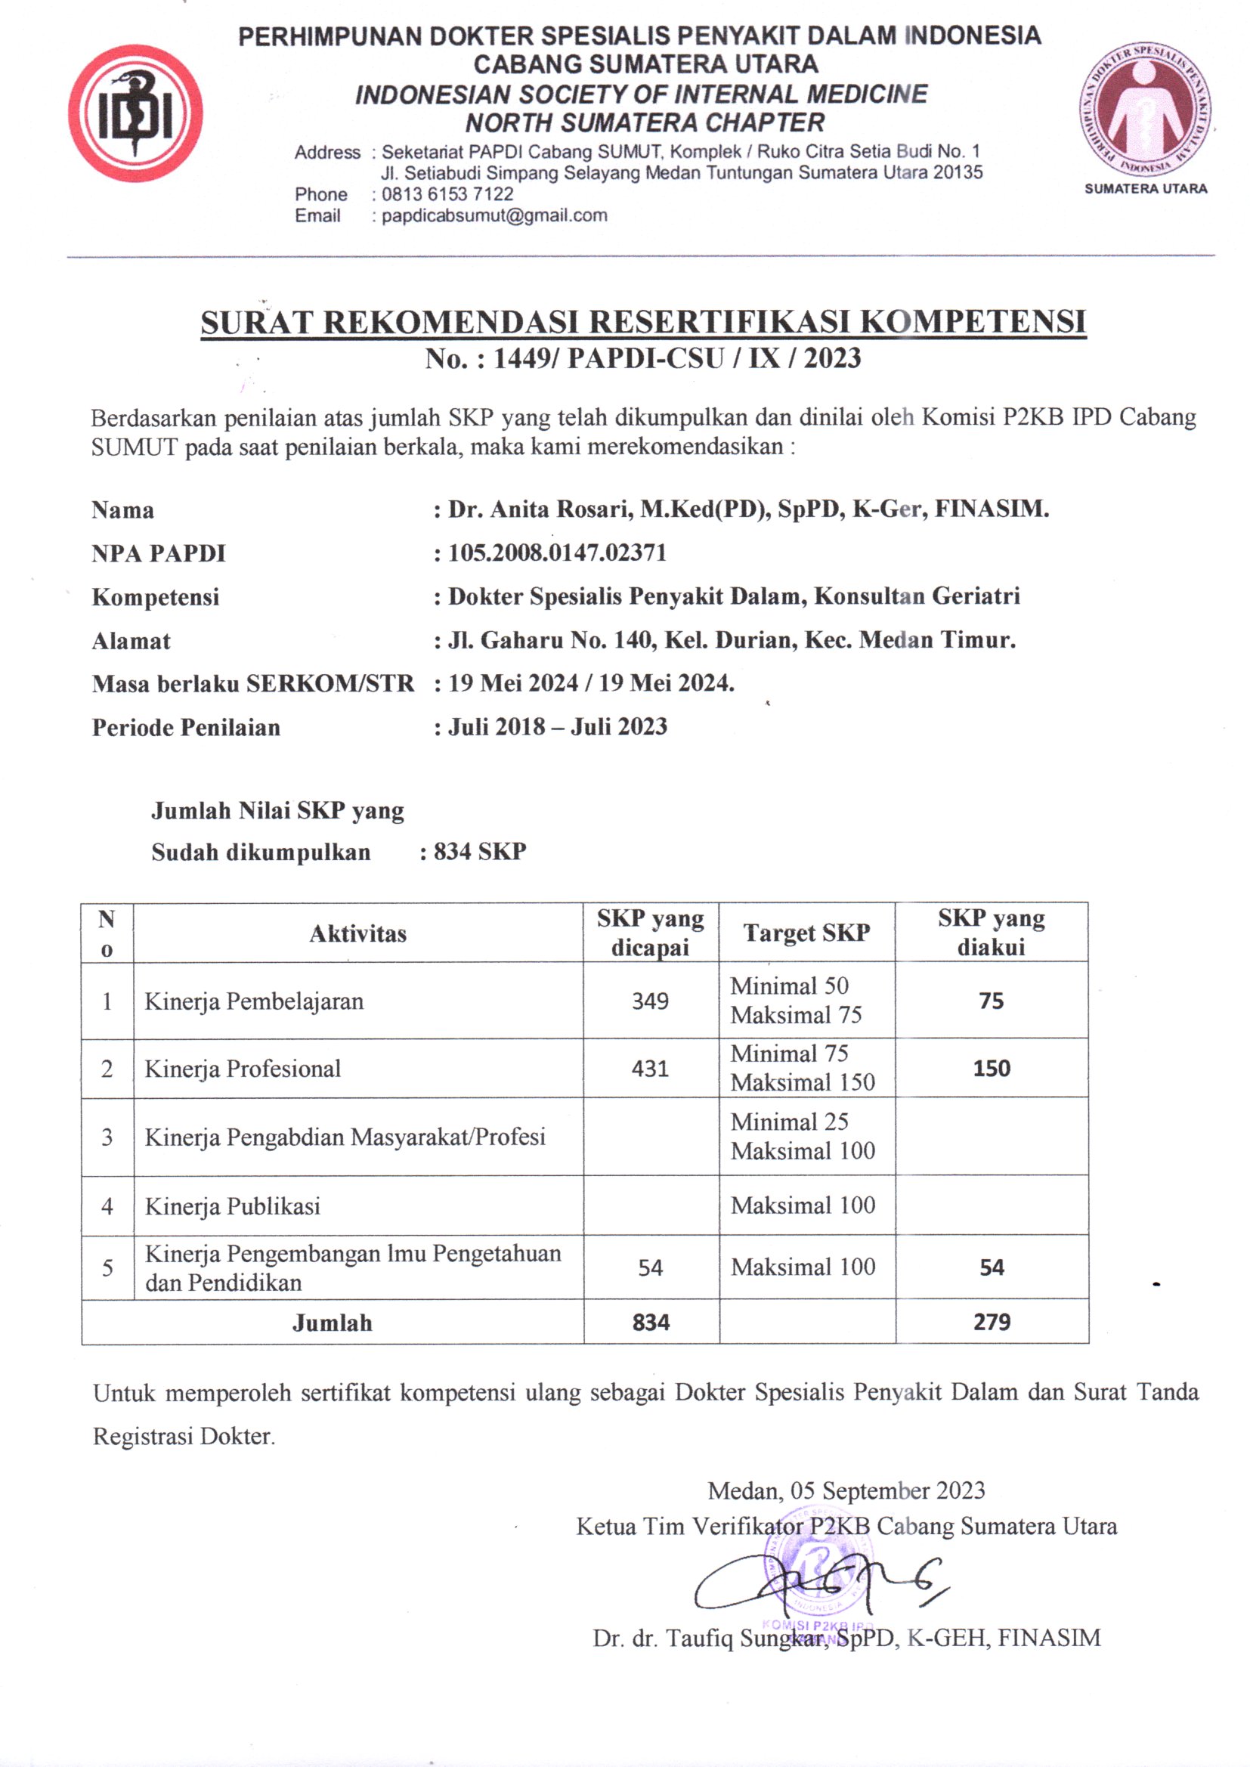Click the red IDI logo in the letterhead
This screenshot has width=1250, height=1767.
[x=135, y=113]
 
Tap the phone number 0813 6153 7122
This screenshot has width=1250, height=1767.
[x=447, y=194]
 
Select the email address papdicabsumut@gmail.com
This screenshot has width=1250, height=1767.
[x=494, y=215]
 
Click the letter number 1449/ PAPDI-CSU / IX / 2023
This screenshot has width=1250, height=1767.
[x=642, y=359]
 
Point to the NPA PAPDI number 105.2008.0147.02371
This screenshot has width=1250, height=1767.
[x=557, y=552]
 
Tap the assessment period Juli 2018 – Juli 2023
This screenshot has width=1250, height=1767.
[x=557, y=726]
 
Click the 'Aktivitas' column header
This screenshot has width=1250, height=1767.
[x=358, y=933]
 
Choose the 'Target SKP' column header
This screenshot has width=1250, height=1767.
[x=806, y=933]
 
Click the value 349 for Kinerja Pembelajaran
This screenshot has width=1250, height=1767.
[x=651, y=1001]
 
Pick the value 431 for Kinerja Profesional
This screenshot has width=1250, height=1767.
[x=651, y=1068]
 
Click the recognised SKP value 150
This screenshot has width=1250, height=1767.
[x=992, y=1068]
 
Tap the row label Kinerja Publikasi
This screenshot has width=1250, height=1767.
[x=233, y=1206]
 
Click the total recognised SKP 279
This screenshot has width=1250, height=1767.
[x=992, y=1322]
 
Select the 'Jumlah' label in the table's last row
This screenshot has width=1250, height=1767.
[x=332, y=1323]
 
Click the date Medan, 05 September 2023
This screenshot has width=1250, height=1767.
[x=846, y=1490]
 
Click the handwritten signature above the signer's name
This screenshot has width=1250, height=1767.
[x=816, y=1586]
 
